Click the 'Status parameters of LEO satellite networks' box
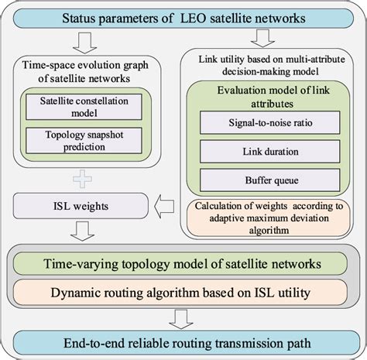coord(183,17)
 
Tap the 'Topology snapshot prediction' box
coord(84,139)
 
